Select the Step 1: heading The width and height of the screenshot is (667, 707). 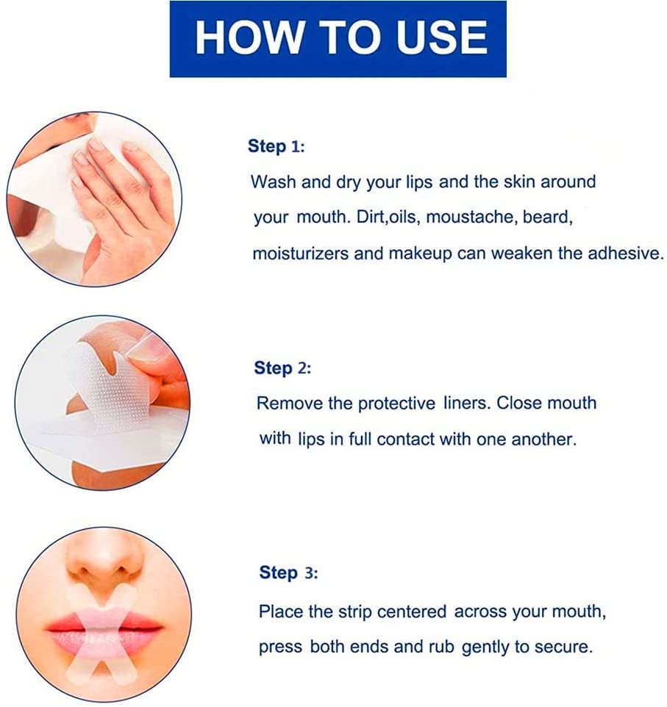(276, 146)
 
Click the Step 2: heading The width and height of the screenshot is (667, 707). (282, 368)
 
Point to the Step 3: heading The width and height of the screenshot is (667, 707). (288, 573)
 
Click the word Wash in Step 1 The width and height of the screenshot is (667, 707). (274, 182)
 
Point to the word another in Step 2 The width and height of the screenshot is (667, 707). (545, 439)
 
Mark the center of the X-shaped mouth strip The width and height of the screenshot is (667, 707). (103, 628)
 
